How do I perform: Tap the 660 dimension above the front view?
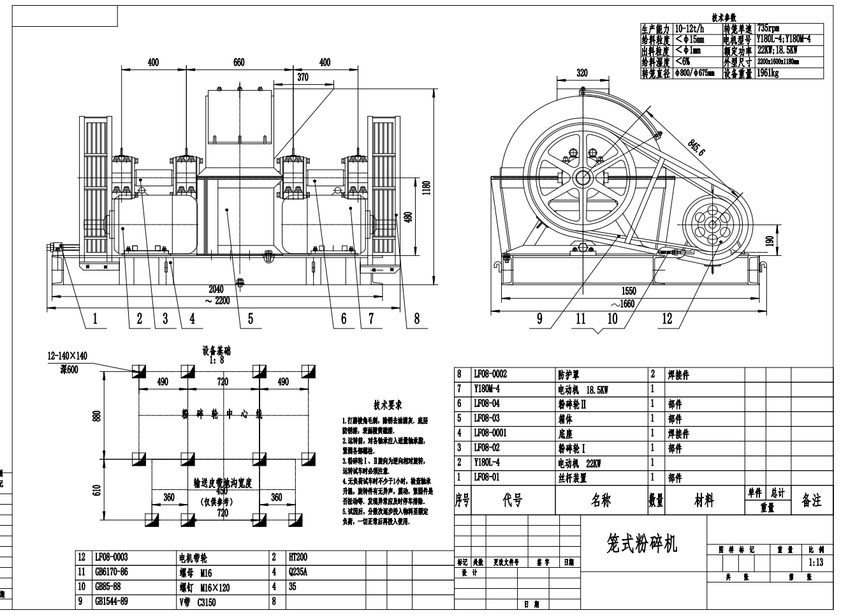[x=238, y=63]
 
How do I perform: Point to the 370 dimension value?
[x=302, y=77]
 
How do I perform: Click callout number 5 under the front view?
[x=251, y=319]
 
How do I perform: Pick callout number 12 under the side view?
[x=667, y=319]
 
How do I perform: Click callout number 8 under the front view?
[x=417, y=319]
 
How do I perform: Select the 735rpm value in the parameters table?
[x=768, y=29]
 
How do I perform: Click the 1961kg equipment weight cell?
[x=768, y=73]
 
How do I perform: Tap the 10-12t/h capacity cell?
[x=689, y=29]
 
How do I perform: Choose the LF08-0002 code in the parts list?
[x=490, y=374]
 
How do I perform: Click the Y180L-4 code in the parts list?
[x=486, y=463]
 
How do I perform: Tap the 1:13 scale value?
[x=815, y=563]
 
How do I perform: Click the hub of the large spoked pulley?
[x=581, y=177]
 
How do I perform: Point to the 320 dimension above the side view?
[x=581, y=73]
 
